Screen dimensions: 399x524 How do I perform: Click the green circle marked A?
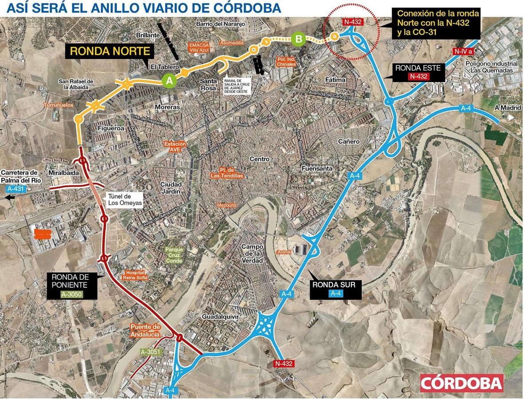click(x=168, y=80)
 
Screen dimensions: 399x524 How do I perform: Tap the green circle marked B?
click(x=299, y=40)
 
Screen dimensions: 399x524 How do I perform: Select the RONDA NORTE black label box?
click(x=110, y=51)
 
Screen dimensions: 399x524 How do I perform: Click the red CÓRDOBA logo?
click(x=462, y=383)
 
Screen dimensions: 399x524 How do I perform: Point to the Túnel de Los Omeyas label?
click(x=125, y=200)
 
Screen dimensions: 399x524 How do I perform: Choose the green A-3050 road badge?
click(x=71, y=294)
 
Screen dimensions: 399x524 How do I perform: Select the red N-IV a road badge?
click(x=464, y=51)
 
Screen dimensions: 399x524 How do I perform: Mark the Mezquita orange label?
click(x=227, y=205)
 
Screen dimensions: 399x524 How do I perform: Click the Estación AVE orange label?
click(x=175, y=147)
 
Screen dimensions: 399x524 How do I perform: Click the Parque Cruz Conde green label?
click(x=174, y=255)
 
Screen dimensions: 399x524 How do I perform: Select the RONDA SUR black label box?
click(x=334, y=288)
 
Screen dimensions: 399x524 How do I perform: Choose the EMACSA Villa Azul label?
click(x=198, y=47)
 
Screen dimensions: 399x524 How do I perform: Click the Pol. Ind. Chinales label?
click(x=286, y=61)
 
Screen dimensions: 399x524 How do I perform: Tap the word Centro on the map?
click(x=260, y=159)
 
